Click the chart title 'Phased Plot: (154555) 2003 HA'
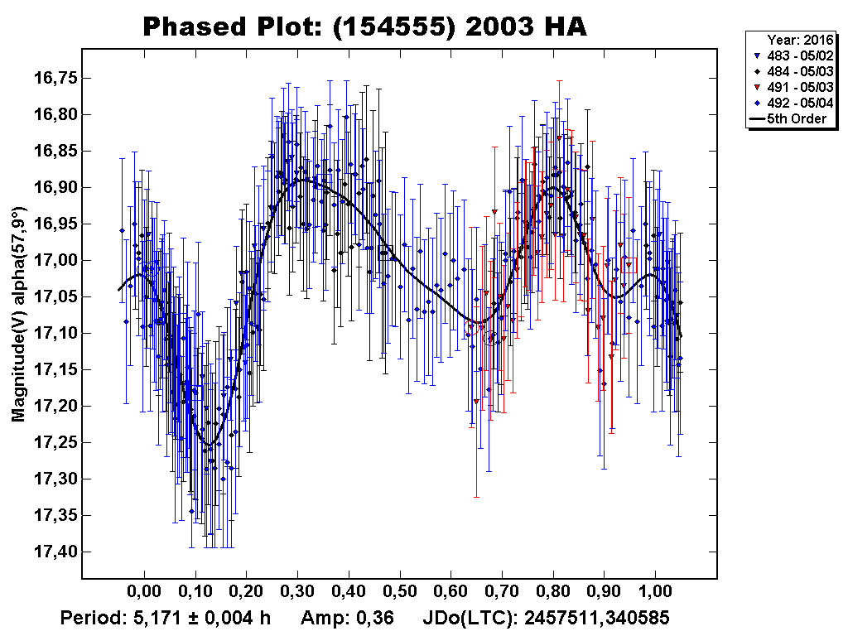364,26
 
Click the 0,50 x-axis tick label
400,595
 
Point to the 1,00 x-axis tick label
655,595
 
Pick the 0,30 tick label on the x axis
297,595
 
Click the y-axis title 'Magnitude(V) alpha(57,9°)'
19,315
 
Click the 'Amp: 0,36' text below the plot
346,618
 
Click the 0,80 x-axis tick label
553,595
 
